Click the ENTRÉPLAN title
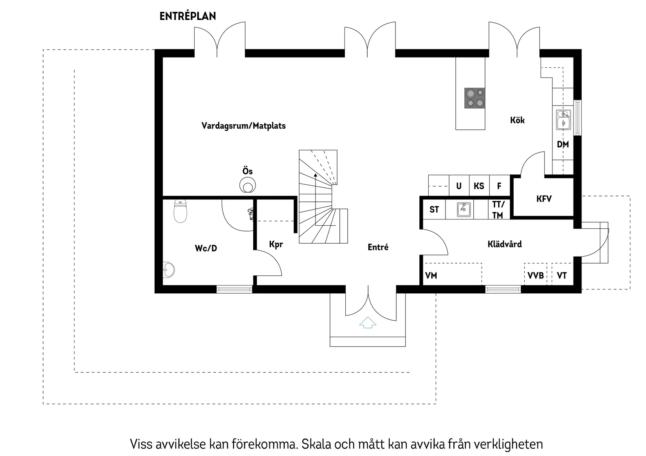pyautogui.click(x=188, y=16)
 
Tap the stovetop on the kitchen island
pyautogui.click(x=474, y=98)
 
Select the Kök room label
pyautogui.click(x=517, y=120)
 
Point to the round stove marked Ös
pyautogui.click(x=247, y=185)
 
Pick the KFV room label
pyautogui.click(x=544, y=199)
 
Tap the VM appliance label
pyautogui.click(x=431, y=276)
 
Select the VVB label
pyautogui.click(x=535, y=276)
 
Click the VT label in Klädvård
pyautogui.click(x=561, y=276)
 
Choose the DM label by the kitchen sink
pyautogui.click(x=563, y=144)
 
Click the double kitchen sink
pyautogui.click(x=563, y=120)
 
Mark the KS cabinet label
pyautogui.click(x=478, y=186)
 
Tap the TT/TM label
pyautogui.click(x=498, y=210)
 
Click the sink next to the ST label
pyautogui.click(x=464, y=209)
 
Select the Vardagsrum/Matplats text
pyautogui.click(x=243, y=126)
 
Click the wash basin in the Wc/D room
pyautogui.click(x=169, y=270)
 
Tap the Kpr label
pyautogui.click(x=276, y=244)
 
